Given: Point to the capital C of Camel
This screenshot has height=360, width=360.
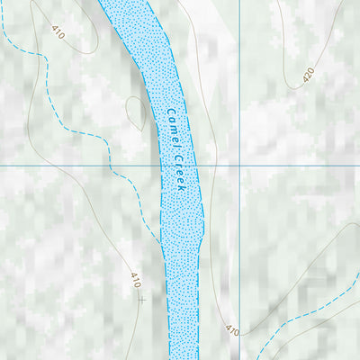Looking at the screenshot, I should tap(168, 113).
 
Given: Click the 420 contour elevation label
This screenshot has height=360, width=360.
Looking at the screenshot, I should tap(308, 76).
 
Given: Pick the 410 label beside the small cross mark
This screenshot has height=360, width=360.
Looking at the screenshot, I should tap(136, 280).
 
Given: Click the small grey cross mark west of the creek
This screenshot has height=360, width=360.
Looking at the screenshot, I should tap(141, 299).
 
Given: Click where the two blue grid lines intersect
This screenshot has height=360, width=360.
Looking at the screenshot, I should tap(239, 166).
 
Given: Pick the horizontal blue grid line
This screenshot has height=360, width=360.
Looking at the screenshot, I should tap(54, 166).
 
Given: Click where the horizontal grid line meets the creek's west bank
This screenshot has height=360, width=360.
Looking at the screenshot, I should tap(159, 166).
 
